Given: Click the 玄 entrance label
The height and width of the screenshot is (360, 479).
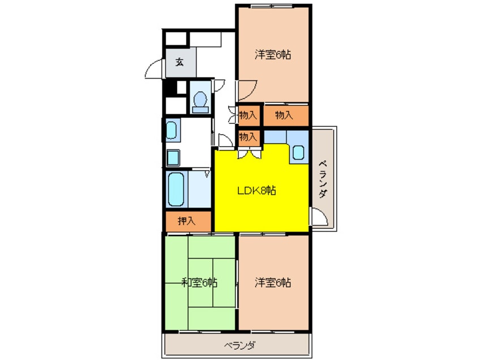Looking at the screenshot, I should [179, 62].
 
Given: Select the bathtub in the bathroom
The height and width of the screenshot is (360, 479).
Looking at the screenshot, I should [177, 190].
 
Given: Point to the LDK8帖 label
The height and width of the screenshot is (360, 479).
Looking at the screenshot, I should [256, 191].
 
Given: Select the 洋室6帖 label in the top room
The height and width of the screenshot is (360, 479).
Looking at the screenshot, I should [273, 55].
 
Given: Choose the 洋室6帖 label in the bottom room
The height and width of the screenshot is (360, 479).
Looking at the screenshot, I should [273, 281].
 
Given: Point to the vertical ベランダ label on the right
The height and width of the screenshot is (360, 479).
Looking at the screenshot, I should [323, 179].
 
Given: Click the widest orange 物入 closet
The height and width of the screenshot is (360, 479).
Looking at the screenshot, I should [285, 115].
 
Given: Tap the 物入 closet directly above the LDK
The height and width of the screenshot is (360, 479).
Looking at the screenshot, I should [248, 136].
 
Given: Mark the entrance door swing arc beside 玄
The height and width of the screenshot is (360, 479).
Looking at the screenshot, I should [154, 71].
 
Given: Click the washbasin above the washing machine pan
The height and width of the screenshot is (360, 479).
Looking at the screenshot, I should [172, 130].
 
